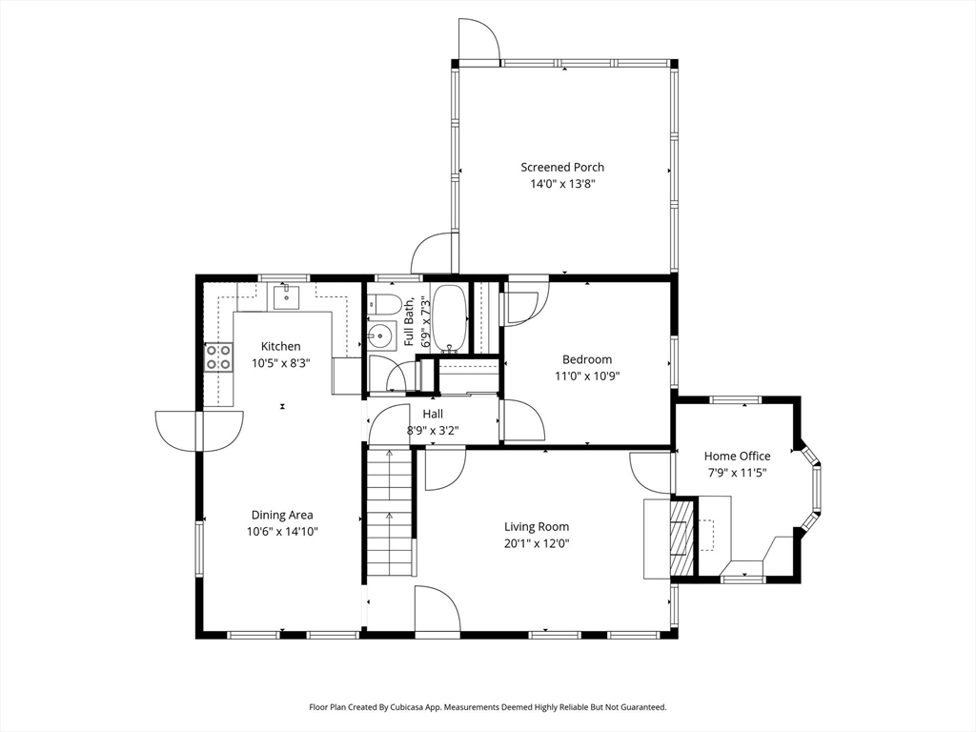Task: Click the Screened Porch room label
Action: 562,167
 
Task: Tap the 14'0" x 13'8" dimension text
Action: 562,184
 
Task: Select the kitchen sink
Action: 286,297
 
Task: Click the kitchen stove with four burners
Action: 218,358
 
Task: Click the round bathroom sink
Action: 379,336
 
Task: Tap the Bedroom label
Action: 587,359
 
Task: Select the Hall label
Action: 433,414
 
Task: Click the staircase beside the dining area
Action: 390,513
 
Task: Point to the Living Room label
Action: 537,526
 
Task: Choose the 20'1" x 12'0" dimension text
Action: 537,543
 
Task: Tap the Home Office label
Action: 737,456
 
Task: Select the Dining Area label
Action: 282,515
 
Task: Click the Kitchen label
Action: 281,346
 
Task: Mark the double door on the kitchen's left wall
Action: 199,431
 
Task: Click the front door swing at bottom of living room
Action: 437,609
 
